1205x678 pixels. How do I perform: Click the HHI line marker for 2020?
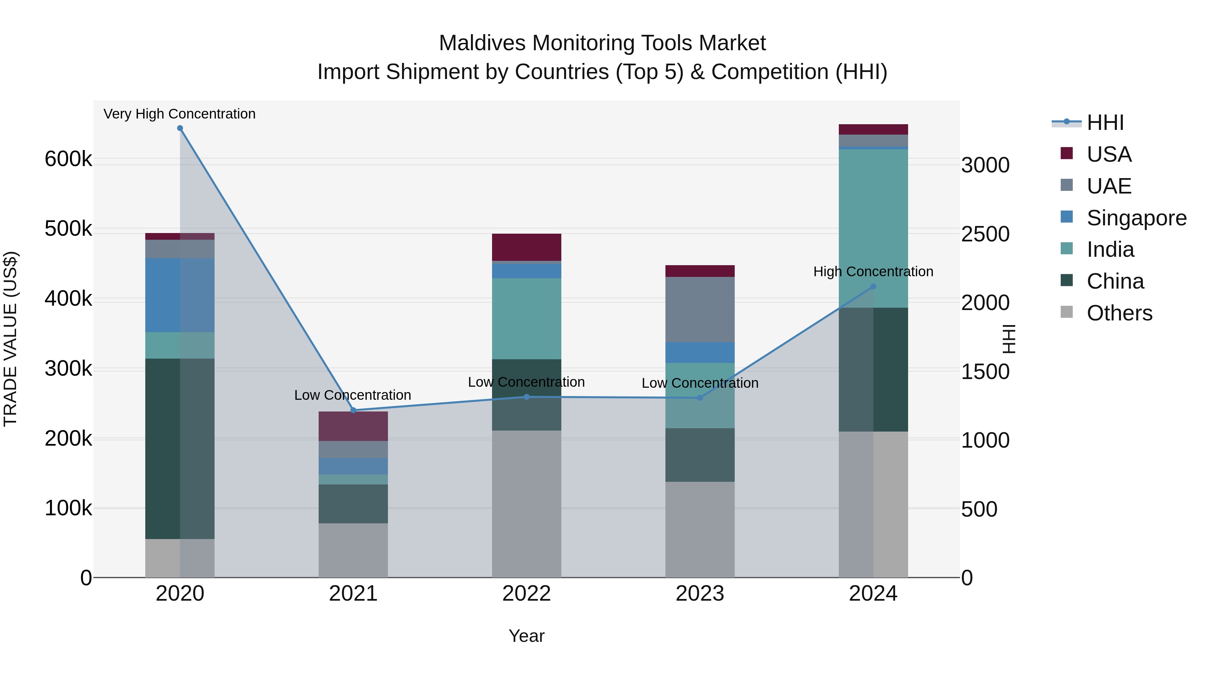180,128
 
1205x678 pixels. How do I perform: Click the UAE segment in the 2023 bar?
700,309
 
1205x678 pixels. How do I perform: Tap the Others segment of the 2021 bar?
353,550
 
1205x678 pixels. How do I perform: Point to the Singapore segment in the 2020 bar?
180,295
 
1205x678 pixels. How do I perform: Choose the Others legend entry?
1119,313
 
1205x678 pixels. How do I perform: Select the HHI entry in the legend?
1105,123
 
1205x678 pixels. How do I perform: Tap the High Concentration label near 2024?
873,272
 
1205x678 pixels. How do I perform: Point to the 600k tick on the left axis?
68,159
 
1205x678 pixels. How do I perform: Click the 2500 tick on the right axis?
985,234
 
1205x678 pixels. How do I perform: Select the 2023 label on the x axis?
700,594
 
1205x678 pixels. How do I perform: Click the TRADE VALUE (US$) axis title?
10,339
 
